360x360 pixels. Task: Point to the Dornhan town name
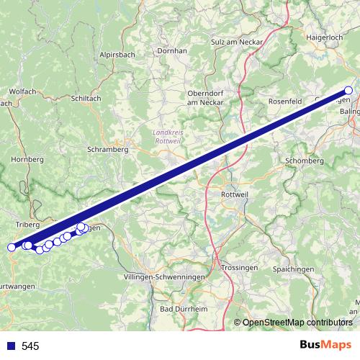(x=172, y=51)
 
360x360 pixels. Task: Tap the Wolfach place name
(x=22, y=91)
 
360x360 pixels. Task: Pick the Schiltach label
(x=86, y=99)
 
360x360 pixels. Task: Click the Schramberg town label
(x=107, y=150)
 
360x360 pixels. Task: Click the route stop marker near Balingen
(x=348, y=91)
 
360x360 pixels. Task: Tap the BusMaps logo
(x=325, y=345)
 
